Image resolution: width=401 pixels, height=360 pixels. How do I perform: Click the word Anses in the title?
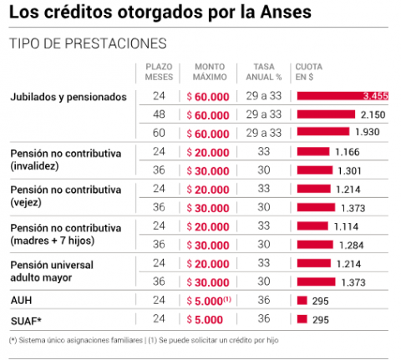[x=286, y=12]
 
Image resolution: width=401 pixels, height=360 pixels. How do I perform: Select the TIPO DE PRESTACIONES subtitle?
[x=88, y=43]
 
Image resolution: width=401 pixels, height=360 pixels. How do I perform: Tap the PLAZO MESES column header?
[x=159, y=72]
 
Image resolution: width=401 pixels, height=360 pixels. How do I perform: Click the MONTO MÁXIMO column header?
[x=210, y=72]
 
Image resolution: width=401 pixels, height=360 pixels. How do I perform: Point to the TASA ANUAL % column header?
[x=264, y=72]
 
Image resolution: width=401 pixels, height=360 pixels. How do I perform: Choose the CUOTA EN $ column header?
[x=309, y=72]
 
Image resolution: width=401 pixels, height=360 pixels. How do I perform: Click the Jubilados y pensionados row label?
[x=69, y=97]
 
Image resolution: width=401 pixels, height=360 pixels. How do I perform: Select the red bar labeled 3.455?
[x=343, y=96]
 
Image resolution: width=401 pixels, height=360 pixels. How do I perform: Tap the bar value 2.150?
[x=373, y=114]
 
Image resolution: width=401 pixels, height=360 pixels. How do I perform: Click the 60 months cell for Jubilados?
[x=159, y=133]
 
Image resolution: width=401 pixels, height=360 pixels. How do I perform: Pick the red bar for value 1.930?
[x=323, y=131]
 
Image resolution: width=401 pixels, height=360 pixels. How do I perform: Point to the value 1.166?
[x=348, y=152]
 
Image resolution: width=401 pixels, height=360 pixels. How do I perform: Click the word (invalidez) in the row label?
[x=34, y=166]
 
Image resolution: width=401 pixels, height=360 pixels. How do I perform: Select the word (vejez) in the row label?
[x=26, y=202]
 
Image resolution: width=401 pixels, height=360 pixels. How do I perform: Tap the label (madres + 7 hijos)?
[x=53, y=241]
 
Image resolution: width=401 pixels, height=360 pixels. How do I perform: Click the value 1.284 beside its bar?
[x=352, y=246]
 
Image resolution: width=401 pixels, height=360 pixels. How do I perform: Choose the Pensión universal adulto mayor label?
[x=52, y=271]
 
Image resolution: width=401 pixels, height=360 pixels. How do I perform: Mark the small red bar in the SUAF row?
[x=302, y=319]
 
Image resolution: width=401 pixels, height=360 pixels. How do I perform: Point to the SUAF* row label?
[x=26, y=321]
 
